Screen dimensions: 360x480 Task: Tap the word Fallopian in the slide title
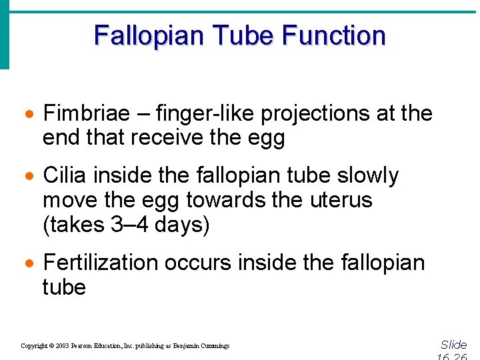(x=139, y=35)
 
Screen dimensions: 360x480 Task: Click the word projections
(x=315, y=113)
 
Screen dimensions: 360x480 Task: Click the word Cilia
(x=65, y=175)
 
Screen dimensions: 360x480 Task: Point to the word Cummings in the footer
(x=215, y=346)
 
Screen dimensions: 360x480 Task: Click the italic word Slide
(x=453, y=345)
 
